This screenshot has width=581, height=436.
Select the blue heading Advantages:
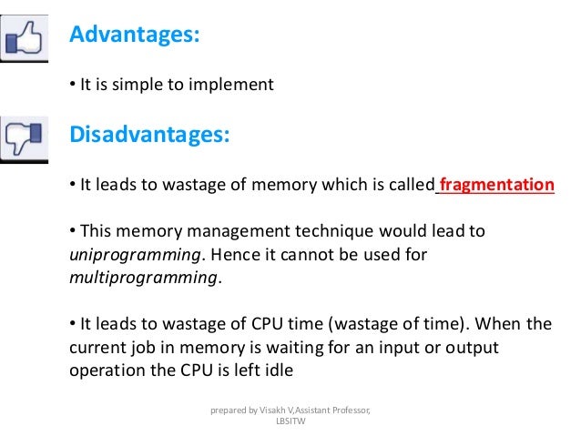click(134, 35)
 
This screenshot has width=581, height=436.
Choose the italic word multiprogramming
click(144, 278)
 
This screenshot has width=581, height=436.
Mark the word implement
click(232, 86)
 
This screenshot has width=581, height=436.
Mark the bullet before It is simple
click(73, 86)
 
